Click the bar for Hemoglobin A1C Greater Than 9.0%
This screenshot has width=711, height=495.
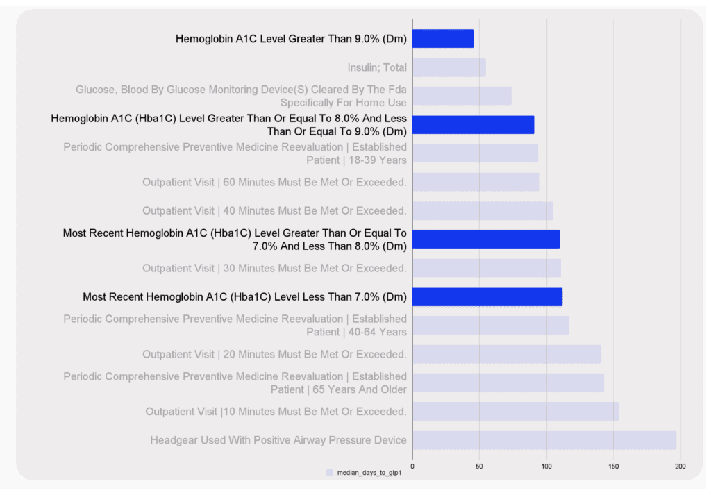click(443, 39)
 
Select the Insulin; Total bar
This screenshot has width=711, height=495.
click(449, 67)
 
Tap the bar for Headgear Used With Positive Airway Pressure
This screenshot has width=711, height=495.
click(544, 440)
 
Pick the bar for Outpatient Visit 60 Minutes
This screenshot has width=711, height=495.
click(476, 182)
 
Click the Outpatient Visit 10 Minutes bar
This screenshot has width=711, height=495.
click(515, 412)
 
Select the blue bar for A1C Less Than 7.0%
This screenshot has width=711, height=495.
click(487, 297)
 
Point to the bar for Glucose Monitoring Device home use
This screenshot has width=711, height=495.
click(462, 96)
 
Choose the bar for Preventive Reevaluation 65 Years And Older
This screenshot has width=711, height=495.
click(508, 383)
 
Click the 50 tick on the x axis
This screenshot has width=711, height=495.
click(479, 466)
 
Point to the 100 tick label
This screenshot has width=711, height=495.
click(546, 466)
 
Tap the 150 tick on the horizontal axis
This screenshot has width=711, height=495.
click(613, 466)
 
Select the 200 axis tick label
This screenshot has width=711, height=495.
click(680, 466)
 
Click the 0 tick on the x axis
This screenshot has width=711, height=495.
click(412, 466)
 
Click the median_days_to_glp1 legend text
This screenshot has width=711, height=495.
click(369, 473)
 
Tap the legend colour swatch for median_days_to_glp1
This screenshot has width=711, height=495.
click(330, 473)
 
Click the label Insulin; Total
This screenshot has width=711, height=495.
click(377, 68)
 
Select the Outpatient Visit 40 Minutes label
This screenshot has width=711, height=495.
click(274, 211)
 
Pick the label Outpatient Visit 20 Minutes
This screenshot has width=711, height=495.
click(274, 354)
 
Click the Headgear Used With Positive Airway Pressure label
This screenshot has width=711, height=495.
click(278, 440)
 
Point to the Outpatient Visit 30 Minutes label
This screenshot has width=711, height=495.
click(274, 268)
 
